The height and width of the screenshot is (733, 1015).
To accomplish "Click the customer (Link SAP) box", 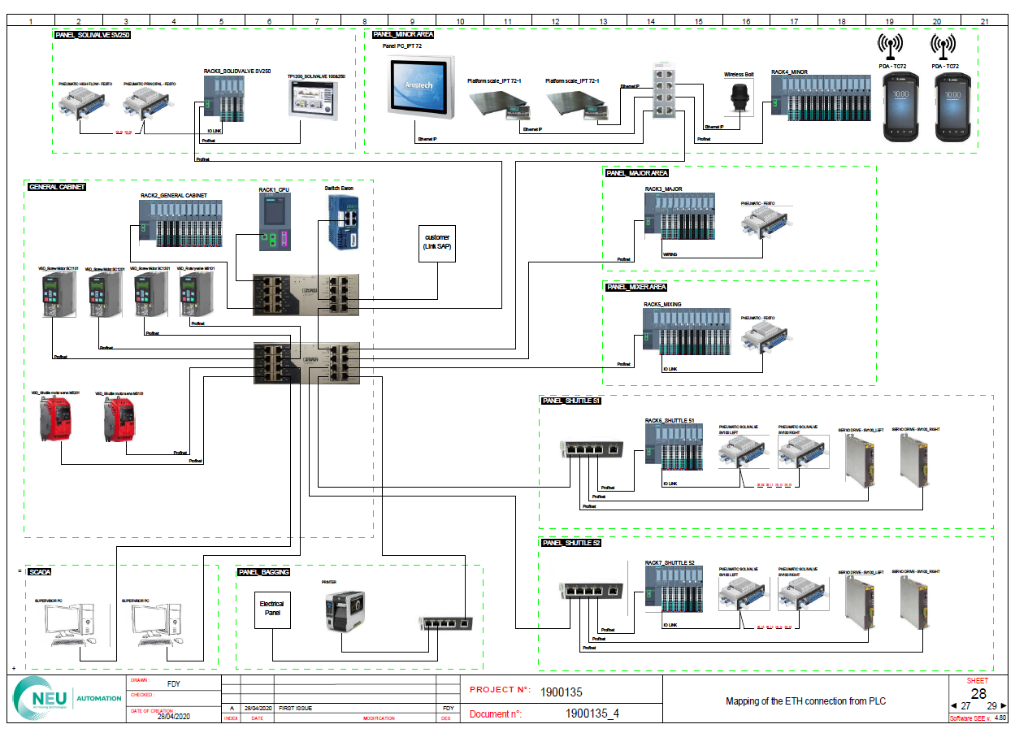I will pyautogui.click(x=437, y=242).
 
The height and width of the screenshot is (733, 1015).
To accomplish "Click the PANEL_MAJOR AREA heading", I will pyautogui.click(x=637, y=173).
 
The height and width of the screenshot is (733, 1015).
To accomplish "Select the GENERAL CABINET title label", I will pyautogui.click(x=57, y=187).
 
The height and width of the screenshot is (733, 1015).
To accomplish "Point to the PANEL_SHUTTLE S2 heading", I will pyautogui.click(x=571, y=543).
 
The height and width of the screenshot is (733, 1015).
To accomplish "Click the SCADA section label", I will pyautogui.click(x=39, y=572).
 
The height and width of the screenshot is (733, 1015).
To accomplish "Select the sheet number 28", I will pyautogui.click(x=978, y=693).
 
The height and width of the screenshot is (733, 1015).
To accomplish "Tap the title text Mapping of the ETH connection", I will pyautogui.click(x=805, y=701).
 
